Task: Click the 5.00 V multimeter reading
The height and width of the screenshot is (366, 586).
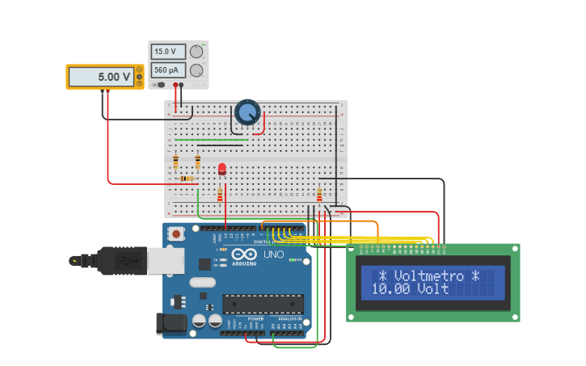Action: tap(102, 77)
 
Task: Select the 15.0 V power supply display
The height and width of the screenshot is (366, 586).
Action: tap(168, 52)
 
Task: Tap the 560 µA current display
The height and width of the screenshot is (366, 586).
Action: tap(168, 70)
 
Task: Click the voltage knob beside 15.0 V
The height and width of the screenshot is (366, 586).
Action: tap(196, 52)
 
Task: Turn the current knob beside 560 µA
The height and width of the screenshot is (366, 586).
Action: tap(196, 70)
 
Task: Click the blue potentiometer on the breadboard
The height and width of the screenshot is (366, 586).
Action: tap(247, 112)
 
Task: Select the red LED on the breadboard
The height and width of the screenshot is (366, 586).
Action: tap(222, 168)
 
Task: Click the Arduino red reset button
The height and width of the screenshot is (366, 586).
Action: tap(175, 233)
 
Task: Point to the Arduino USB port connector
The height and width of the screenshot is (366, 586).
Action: tap(166, 260)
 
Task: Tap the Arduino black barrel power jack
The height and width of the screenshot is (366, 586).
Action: tap(171, 323)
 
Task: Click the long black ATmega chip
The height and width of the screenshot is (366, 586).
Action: tap(263, 304)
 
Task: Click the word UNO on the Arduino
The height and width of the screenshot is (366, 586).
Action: tap(273, 255)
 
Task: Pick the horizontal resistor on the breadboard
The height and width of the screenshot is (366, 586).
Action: tap(187, 179)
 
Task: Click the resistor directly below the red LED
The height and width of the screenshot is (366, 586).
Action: tap(220, 194)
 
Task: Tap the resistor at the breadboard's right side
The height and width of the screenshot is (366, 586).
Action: tap(319, 194)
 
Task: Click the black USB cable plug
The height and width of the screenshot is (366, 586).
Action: tap(121, 260)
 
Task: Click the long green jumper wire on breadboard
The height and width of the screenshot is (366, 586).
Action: tap(211, 140)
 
